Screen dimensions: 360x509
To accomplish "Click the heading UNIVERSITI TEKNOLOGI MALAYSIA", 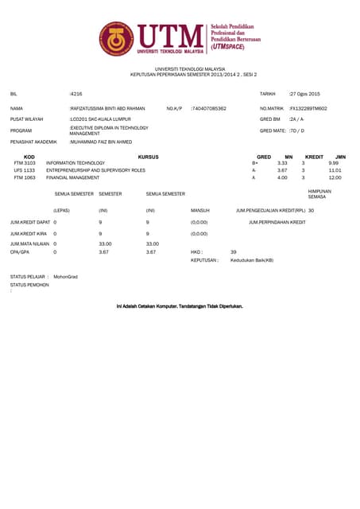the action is click(180, 70).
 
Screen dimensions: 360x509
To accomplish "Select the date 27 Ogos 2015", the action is click(304, 93).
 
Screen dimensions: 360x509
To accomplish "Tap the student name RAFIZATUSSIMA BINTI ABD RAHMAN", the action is click(108, 108).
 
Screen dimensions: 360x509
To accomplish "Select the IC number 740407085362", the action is click(209, 108).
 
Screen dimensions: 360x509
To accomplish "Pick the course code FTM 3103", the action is click(25, 163).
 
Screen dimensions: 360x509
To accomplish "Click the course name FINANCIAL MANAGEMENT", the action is click(73, 177).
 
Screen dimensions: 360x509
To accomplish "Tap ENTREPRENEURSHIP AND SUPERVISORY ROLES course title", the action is click(96, 170).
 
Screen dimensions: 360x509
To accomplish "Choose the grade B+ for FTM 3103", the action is click(254, 163).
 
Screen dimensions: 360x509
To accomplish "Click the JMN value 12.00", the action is click(335, 177).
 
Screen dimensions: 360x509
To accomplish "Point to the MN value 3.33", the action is click(281, 163).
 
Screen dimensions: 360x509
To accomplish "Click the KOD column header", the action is click(29, 157).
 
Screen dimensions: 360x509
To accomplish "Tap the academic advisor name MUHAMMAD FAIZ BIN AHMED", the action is click(101, 142).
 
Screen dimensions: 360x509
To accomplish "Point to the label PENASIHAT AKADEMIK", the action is click(34, 142).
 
